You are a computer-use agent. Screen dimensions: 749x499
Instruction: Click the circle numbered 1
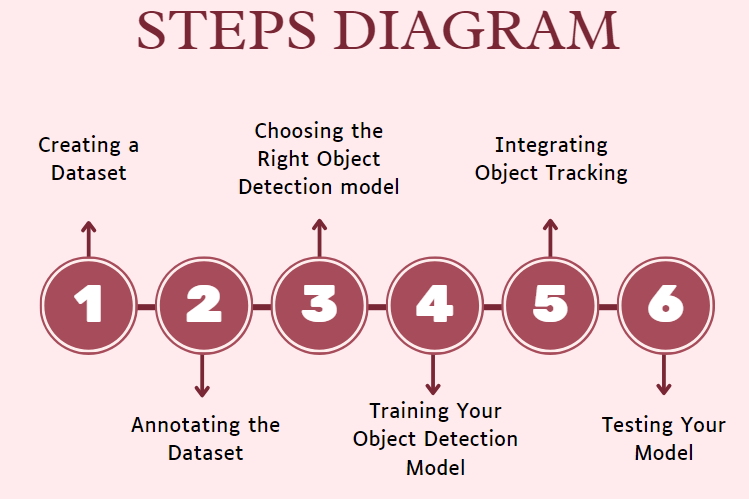[x=89, y=304]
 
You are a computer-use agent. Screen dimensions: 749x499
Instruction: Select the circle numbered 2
[x=204, y=304]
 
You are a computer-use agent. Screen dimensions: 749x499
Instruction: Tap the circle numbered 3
[x=319, y=304]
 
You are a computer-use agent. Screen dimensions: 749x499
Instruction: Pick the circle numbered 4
[x=434, y=304]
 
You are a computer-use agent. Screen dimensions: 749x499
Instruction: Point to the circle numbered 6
[x=665, y=304]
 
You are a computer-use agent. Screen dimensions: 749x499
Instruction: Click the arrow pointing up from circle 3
[x=319, y=238]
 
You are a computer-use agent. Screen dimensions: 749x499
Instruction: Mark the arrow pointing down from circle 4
[x=434, y=374]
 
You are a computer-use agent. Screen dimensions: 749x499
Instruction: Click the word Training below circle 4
[x=406, y=411]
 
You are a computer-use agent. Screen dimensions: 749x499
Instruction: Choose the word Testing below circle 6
[x=636, y=425]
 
